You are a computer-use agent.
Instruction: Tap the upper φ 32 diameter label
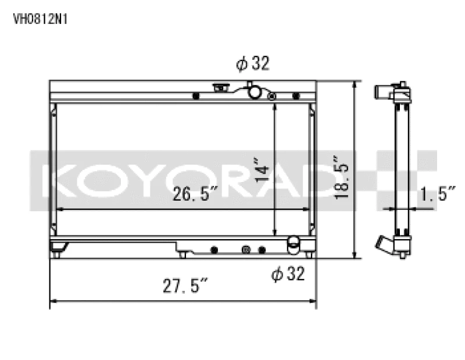tap(253, 64)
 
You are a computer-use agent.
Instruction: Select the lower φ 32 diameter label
tap(288, 273)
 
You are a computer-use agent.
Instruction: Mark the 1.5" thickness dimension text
tap(437, 195)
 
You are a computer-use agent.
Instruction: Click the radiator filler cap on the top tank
tap(220, 88)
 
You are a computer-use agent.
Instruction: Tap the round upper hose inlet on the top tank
tap(254, 91)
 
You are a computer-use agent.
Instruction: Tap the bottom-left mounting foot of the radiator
tap(56, 252)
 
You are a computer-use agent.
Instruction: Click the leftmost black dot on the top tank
tap(196, 95)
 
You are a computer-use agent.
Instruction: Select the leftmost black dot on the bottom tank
tap(214, 249)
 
